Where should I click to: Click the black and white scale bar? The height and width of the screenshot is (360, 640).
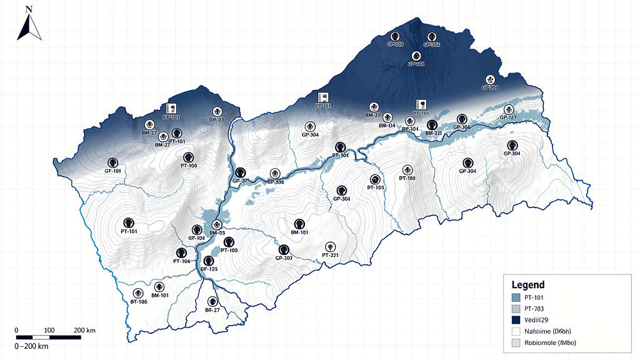48,337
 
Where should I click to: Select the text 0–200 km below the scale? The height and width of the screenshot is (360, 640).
32,346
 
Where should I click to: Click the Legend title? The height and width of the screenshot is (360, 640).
527,284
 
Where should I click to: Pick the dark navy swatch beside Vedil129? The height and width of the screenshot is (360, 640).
516,320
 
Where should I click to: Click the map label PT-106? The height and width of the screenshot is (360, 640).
189,166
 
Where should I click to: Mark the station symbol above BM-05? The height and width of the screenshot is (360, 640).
217,225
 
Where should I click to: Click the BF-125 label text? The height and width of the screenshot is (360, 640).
208,269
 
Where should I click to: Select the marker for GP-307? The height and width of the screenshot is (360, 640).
284,249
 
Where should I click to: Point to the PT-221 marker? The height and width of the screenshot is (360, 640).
330,246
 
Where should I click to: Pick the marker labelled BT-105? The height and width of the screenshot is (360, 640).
138,293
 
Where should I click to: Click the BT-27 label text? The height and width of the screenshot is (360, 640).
213,310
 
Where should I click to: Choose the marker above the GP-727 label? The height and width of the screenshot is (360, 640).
508,109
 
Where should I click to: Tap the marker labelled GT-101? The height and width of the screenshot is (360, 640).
112,162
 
